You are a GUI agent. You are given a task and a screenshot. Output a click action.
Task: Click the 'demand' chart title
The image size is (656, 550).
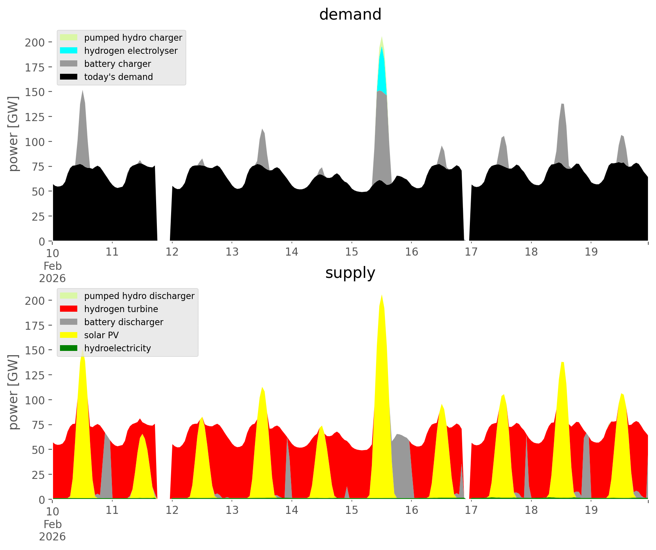[350, 15]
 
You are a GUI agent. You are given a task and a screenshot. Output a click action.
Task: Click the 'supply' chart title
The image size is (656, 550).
[350, 273]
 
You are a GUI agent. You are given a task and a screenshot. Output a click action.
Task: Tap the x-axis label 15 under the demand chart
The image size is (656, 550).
[351, 252]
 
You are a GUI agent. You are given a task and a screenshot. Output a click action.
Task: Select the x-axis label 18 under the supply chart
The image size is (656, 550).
[531, 510]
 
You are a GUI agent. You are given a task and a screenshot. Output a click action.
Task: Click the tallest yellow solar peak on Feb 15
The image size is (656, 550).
[381, 346]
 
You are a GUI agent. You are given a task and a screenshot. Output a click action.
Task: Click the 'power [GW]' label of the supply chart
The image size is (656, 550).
[13, 392]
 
